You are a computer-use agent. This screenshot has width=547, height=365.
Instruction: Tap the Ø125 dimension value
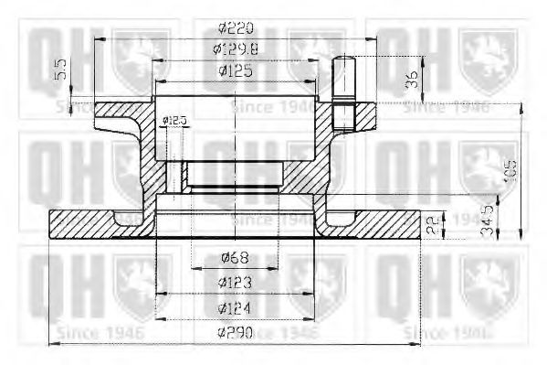pos(236,71)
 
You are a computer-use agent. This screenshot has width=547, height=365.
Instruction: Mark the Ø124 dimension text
pos(236,307)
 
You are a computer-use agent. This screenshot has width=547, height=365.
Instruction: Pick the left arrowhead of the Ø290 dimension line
pos(51,343)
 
